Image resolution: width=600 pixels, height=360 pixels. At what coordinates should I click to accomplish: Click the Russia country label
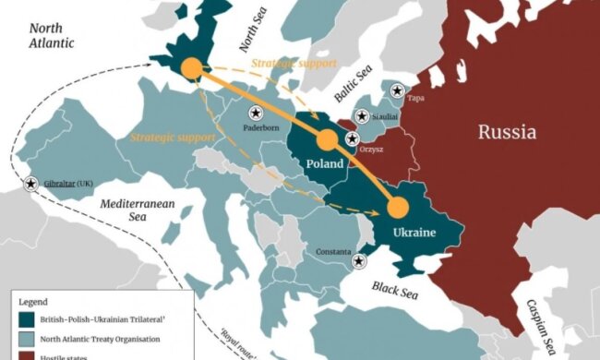(507, 132)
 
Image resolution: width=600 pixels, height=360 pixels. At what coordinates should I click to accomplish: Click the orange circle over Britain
(191, 68)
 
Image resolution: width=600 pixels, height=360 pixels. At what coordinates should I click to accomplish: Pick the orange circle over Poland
(326, 139)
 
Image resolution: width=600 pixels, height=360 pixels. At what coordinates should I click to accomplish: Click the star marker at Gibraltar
(31, 185)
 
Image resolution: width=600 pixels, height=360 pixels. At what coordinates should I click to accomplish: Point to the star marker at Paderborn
(256, 112)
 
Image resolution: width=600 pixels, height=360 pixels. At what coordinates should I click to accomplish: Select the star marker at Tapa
(397, 90)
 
